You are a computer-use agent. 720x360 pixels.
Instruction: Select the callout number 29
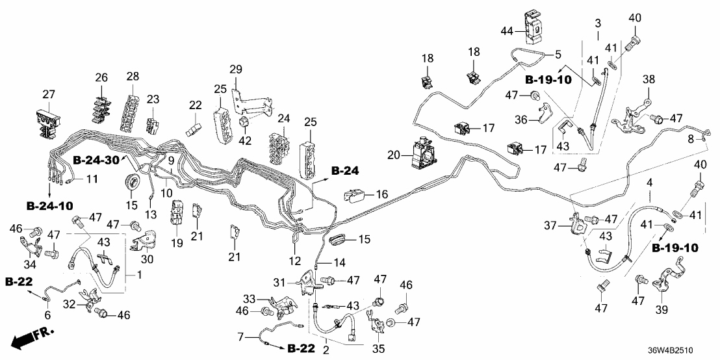coord(235,70)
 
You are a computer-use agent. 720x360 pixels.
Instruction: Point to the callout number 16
coord(381,194)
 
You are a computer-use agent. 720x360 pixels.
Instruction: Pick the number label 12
coord(294,261)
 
